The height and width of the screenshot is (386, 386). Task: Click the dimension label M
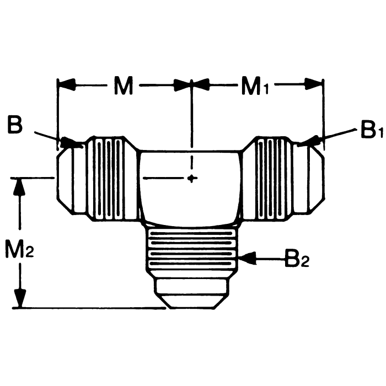point(124,87)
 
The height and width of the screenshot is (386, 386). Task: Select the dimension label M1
point(254,87)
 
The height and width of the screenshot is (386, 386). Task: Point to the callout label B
point(15,125)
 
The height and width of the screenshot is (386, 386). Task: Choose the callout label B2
point(297,258)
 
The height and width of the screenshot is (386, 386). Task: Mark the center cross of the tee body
point(191,178)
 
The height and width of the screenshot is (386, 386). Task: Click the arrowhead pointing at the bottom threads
point(246,257)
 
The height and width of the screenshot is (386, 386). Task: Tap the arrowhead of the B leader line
point(72,143)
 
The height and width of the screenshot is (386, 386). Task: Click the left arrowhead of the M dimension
point(67,85)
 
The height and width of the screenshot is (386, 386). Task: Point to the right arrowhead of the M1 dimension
point(314,85)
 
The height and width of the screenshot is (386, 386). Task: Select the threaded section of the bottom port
point(191,251)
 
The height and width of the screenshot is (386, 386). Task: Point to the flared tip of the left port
point(65,180)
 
